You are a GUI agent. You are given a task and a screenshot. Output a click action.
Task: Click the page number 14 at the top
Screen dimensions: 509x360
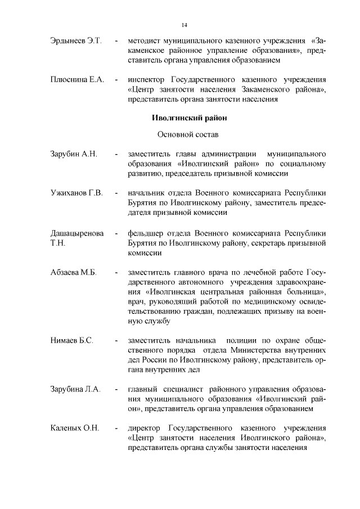pos(184,25)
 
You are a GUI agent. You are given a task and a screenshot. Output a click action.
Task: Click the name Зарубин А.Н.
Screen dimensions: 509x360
pos(74,154)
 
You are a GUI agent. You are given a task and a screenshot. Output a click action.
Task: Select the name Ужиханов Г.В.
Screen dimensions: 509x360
pos(76,193)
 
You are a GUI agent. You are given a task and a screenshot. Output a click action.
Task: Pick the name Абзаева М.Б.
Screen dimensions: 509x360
pos(73,273)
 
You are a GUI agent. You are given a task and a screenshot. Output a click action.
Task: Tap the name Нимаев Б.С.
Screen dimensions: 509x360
pos(71,341)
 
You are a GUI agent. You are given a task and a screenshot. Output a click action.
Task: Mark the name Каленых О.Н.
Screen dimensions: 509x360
pos(74,429)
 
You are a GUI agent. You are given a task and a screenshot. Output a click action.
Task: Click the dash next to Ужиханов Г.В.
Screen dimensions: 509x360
pos(116,193)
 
